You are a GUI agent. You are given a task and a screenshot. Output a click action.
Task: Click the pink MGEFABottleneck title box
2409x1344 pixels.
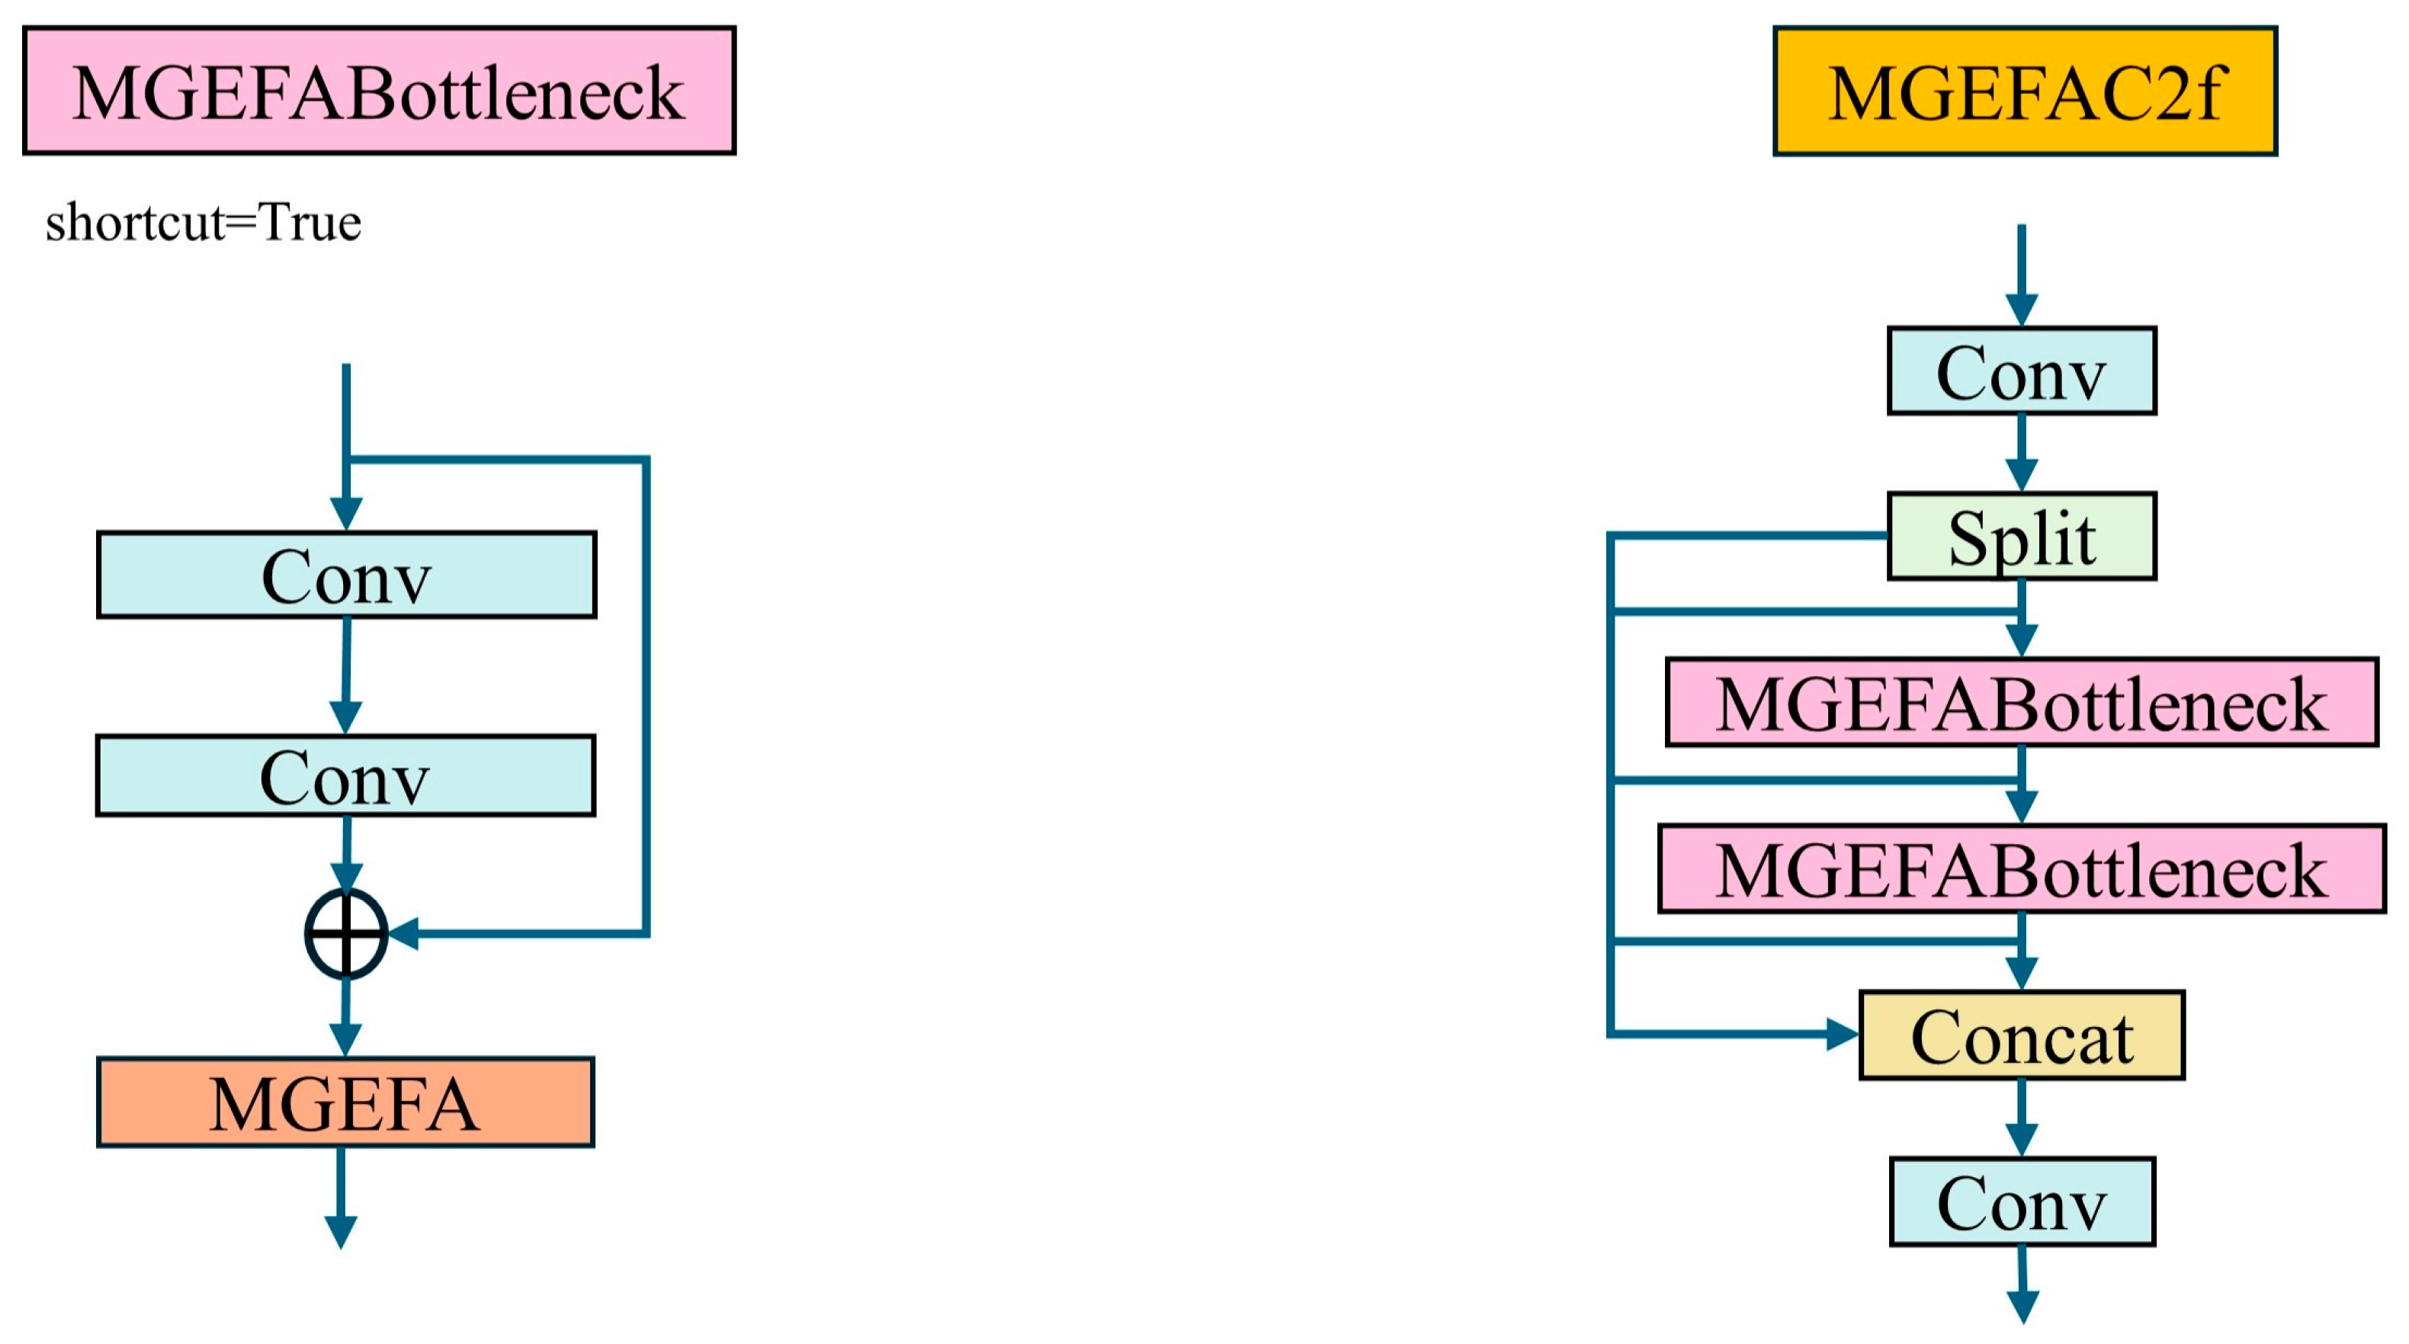point(379,91)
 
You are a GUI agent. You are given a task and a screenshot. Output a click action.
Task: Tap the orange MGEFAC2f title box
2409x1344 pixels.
point(2025,91)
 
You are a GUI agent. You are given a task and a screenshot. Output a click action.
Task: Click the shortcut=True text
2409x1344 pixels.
point(203,223)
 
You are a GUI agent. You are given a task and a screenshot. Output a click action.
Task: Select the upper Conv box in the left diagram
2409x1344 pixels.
point(346,574)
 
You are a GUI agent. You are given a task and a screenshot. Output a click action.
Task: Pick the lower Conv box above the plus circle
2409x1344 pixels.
point(345,775)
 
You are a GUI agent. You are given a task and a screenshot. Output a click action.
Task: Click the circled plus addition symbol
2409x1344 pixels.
point(346,933)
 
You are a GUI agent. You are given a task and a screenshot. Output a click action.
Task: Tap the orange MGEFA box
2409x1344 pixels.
point(345,1102)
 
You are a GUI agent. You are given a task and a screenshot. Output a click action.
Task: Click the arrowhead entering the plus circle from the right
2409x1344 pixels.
point(404,933)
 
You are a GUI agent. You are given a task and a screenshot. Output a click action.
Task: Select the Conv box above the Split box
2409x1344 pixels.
point(2022,370)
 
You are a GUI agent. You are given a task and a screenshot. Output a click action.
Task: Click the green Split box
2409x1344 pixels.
point(2022,536)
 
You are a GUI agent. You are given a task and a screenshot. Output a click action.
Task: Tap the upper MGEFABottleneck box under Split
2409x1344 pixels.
point(2022,701)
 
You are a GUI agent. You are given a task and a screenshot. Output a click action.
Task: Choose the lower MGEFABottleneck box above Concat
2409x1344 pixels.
point(2022,868)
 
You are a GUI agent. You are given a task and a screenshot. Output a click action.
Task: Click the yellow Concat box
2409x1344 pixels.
point(2022,1034)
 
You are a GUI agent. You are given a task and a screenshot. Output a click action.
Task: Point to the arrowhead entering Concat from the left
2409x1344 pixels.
point(1843,1034)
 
